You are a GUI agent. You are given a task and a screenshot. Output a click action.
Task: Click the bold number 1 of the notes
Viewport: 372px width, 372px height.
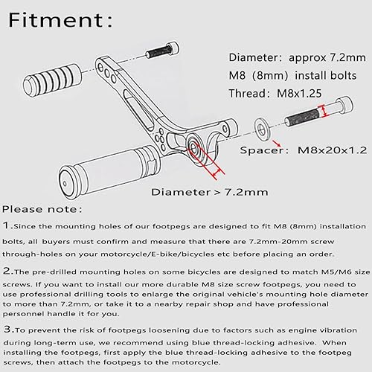click(6, 225)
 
